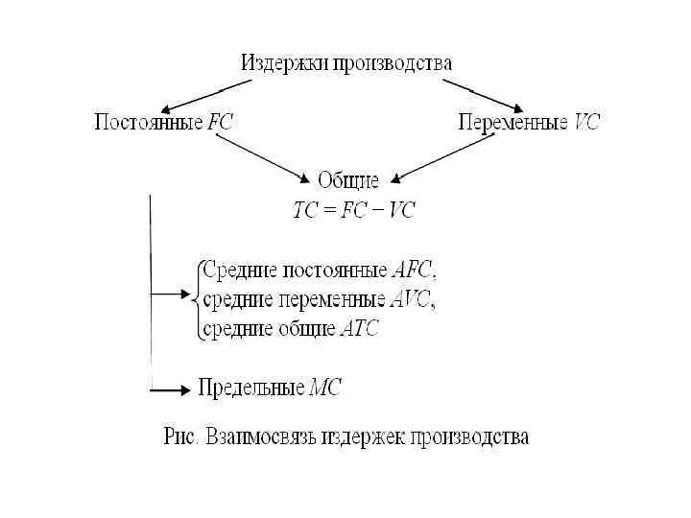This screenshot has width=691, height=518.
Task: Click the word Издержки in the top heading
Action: [x=285, y=63]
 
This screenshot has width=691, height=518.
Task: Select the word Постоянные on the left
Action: [x=148, y=123]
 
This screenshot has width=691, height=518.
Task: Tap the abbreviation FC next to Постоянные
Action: [x=220, y=123]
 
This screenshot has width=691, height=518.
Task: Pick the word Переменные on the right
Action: [x=512, y=123]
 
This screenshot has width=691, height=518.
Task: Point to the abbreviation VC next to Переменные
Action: [x=585, y=123]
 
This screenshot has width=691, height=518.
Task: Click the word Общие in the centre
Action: [x=348, y=179]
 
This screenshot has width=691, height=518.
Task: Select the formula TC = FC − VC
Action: [x=354, y=210]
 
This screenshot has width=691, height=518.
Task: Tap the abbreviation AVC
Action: [x=412, y=298]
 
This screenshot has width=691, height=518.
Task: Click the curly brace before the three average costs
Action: [x=197, y=298]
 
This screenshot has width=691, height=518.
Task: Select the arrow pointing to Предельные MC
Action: [x=171, y=390]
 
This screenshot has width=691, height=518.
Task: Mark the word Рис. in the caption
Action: [x=180, y=437]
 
